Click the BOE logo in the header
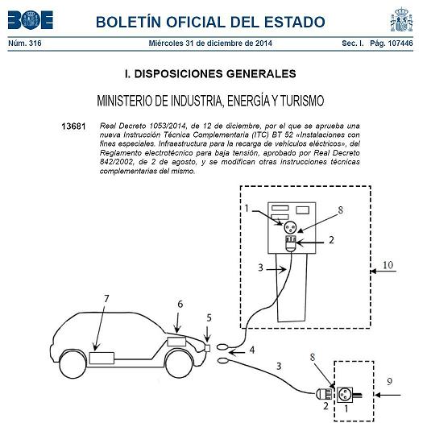tap(31, 20)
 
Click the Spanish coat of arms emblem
tap(402, 19)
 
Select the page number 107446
tap(400, 43)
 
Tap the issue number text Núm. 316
tap(25, 43)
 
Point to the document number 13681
tap(73, 126)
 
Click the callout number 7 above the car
tap(106, 299)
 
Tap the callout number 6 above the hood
tap(180, 304)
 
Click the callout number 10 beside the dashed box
tap(388, 265)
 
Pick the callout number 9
tap(390, 382)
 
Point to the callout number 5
tap(209, 318)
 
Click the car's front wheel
tap(179, 364)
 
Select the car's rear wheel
tap(73, 364)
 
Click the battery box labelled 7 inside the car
tap(102, 358)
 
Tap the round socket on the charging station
tap(291, 227)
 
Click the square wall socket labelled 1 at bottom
tap(345, 395)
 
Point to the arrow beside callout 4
tap(237, 353)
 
